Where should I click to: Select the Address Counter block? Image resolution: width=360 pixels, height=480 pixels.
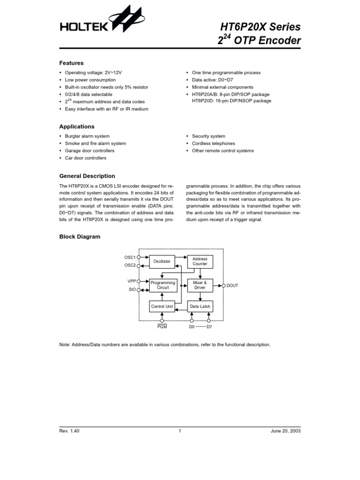point(200,262)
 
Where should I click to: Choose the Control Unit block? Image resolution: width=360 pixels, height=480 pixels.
point(162,307)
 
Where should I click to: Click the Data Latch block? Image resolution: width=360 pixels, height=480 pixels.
point(200,307)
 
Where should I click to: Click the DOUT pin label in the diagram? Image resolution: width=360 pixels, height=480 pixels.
point(232,285)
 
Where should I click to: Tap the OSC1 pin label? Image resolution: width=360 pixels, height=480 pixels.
point(129,257)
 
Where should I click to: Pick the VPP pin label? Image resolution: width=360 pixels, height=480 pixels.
point(131,281)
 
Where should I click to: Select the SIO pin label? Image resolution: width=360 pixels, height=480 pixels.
point(132,290)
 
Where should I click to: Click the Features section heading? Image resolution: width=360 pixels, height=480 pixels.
point(71,63)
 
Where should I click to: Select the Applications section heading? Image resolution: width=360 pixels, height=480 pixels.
point(76,127)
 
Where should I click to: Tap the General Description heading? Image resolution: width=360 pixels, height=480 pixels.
point(87,176)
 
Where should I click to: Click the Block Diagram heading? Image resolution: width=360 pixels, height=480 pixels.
point(80,237)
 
